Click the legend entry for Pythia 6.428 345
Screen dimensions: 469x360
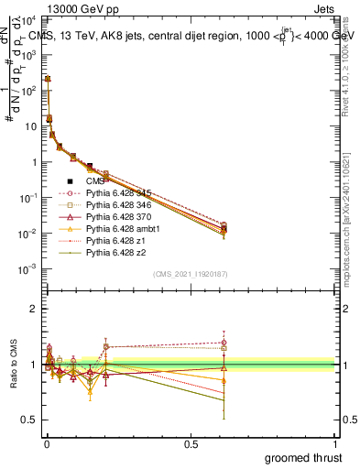tap(116, 192)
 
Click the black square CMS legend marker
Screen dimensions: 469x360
tap(70, 180)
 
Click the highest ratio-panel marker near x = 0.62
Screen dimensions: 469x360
tap(224, 343)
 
